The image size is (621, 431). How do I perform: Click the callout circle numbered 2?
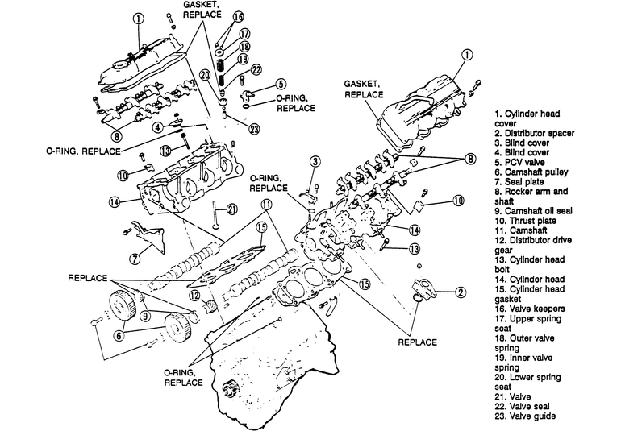click(x=461, y=292)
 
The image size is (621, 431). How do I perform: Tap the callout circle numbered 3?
click(x=315, y=161)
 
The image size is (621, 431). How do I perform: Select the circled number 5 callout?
click(x=281, y=84)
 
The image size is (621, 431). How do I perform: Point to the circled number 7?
click(x=135, y=259)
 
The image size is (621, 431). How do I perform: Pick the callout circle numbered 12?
click(x=194, y=296)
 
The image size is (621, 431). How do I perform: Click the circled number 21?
click(x=231, y=209)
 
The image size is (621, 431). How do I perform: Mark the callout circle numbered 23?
click(x=254, y=129)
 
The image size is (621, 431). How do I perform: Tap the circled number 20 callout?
click(x=206, y=76)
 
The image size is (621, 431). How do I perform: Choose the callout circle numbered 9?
click(x=146, y=316)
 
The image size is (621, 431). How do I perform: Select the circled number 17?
click(x=244, y=34)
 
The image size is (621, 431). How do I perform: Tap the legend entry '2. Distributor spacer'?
click(x=534, y=133)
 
